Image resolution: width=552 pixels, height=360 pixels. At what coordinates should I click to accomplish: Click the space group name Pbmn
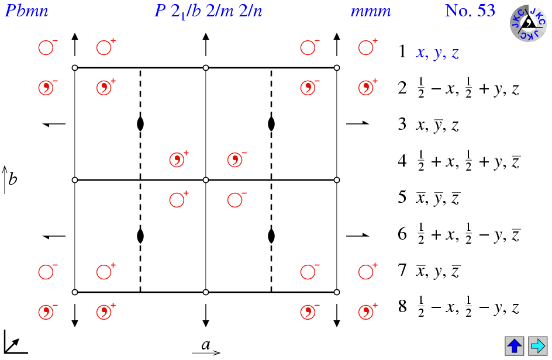(26, 11)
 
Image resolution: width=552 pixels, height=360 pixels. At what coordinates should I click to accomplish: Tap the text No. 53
(470, 11)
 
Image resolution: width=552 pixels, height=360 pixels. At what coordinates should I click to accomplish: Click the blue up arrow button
(515, 345)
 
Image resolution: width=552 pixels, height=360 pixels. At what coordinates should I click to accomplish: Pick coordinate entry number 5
(430, 198)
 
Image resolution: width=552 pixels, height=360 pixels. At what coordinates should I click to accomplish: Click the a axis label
(206, 345)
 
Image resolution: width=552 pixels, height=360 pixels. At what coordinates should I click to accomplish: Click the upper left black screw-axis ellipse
(140, 124)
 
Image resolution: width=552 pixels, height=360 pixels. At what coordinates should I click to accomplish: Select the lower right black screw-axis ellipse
(271, 236)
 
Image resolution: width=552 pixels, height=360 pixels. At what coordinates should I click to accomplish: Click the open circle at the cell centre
(206, 180)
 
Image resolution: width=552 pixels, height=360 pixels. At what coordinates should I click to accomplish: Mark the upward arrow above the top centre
(206, 44)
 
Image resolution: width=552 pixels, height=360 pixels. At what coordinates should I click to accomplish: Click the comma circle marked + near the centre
(177, 160)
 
